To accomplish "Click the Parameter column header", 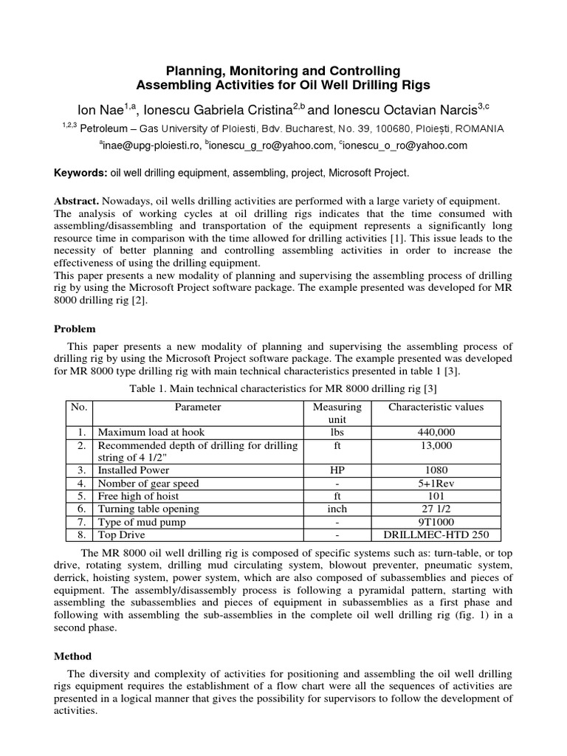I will click(197, 407).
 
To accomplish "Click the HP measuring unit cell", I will click(337, 470).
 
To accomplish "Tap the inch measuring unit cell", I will click(337, 509).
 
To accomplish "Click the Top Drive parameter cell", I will click(122, 535).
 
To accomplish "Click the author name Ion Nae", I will click(103, 110).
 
